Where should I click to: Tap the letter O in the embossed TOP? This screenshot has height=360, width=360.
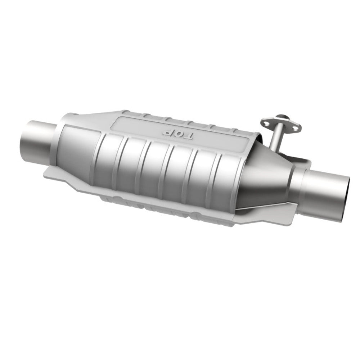177,134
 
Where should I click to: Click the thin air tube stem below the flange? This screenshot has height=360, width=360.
275,139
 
